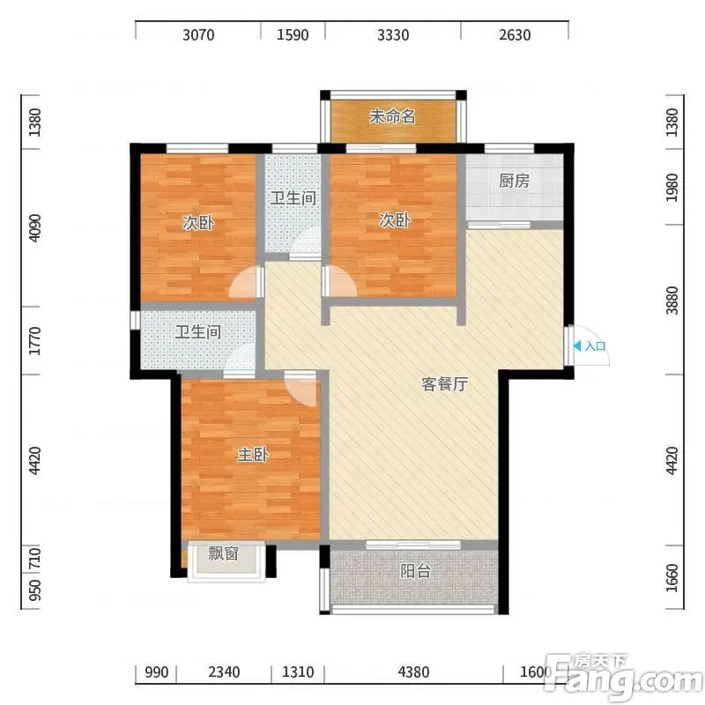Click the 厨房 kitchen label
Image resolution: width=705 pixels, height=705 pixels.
pos(514,182)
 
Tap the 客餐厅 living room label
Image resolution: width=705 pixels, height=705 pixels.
pos(445,384)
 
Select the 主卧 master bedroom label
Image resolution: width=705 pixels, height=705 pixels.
pos(253,455)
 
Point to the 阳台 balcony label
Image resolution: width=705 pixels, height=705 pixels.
pos(415,571)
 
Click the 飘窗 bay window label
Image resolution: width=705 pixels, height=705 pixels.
pos(223,553)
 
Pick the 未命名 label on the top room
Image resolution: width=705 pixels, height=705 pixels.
pos(392,116)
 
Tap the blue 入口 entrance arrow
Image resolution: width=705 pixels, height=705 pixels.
pos(577,346)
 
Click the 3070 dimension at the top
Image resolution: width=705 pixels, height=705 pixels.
pos(198,35)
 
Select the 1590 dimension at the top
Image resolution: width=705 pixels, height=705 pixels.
pos(293,35)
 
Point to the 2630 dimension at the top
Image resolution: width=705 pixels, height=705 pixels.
pos(515,35)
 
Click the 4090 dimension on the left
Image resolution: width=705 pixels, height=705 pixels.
pos(34,228)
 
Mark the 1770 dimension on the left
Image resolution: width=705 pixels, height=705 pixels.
pos(34,341)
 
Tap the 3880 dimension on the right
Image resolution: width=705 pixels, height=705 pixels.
pos(672,301)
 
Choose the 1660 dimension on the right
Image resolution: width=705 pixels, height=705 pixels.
pos(672,578)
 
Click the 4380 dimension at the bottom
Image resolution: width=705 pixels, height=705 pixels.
pos(413,672)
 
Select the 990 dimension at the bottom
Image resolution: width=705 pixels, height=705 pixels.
pos(157,672)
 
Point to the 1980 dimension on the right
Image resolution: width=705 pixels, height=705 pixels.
pos(672,188)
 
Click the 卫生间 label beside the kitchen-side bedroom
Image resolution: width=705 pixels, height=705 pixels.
pos(293,198)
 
